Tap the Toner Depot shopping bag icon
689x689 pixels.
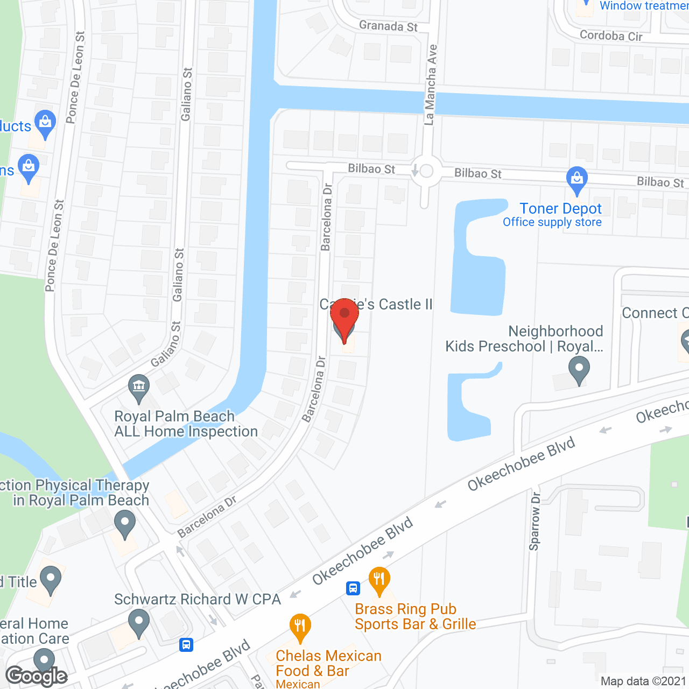click(577, 180)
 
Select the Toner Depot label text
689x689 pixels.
click(560, 208)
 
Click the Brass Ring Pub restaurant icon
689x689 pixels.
click(379, 580)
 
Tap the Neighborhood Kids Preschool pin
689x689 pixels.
click(579, 370)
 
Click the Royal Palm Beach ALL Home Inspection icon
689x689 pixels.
click(139, 388)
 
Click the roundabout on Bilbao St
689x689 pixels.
click(426, 171)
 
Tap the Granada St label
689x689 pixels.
click(388, 26)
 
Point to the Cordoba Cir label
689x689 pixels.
click(611, 36)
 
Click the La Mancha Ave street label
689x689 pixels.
click(431, 85)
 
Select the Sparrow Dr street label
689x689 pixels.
click(535, 521)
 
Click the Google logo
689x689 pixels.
click(37, 676)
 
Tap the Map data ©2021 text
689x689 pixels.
click(643, 681)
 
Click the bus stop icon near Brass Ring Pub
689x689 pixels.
click(353, 588)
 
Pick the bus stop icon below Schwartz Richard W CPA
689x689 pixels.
click(186, 644)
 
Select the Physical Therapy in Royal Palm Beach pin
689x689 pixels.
click(125, 524)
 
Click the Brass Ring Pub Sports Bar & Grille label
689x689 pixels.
click(415, 616)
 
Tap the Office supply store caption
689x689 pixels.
click(552, 222)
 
